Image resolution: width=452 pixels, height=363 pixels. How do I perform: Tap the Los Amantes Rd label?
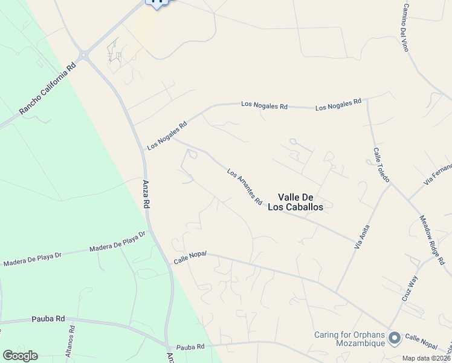click(245, 186)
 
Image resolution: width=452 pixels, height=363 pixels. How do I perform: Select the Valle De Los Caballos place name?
click(300, 201)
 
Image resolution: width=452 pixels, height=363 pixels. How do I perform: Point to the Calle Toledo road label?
click(381, 165)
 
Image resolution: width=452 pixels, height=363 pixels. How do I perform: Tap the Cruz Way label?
click(410, 289)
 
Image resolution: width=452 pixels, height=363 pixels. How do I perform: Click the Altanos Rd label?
click(70, 341)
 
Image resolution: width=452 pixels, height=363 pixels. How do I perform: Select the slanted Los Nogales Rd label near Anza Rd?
click(167, 136)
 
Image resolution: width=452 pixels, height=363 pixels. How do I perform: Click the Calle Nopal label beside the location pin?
click(421, 341)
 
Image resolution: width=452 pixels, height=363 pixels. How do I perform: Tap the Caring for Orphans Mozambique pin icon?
click(395, 338)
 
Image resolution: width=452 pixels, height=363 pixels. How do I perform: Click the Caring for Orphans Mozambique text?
click(350, 339)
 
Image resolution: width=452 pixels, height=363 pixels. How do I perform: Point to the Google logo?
click(20, 356)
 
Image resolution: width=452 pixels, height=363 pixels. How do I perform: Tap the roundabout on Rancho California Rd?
click(83, 56)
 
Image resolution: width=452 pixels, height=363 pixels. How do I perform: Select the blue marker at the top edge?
click(158, 2)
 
